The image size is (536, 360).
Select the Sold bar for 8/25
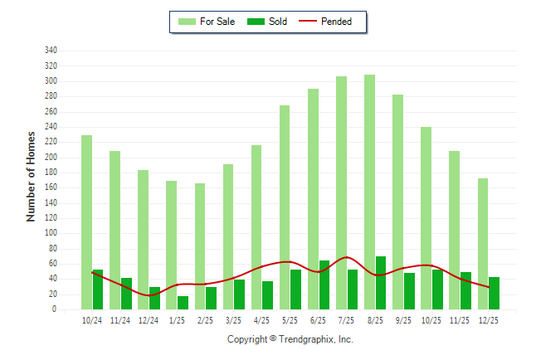click(x=381, y=283)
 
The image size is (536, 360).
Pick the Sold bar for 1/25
click(x=183, y=303)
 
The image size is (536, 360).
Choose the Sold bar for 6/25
click(x=324, y=285)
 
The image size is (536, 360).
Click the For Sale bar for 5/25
click(x=285, y=207)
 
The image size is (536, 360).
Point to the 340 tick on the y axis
click(x=51, y=51)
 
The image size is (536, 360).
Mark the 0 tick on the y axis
click(x=54, y=309)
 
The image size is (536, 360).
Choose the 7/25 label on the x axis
click(x=347, y=320)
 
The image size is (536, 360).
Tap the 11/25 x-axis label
click(x=460, y=320)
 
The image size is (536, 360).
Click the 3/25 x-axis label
click(x=234, y=320)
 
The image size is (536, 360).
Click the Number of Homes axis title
click(x=32, y=176)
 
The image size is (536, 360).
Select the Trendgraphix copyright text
click(x=290, y=339)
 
